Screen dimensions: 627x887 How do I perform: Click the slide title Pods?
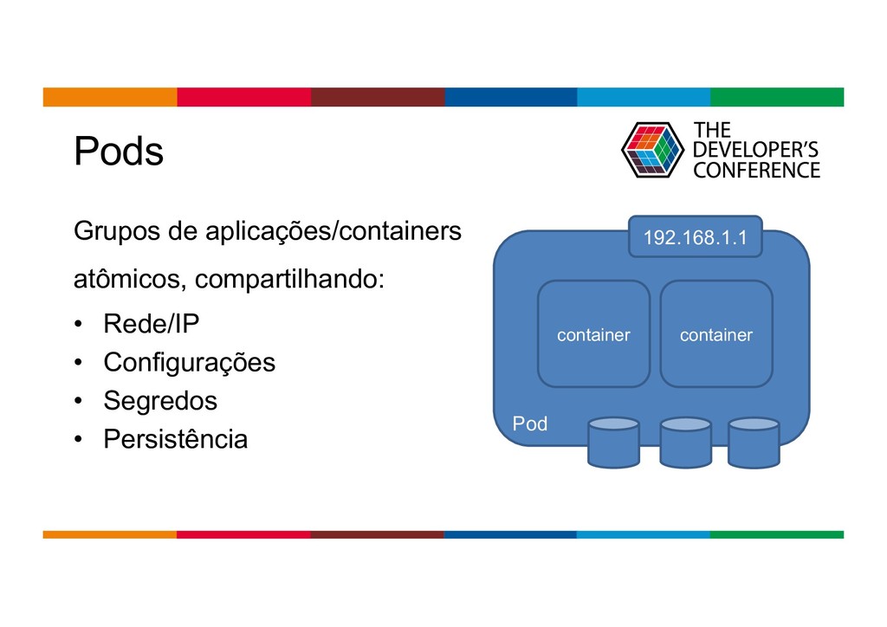118,152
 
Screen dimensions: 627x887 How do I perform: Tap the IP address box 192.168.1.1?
695,237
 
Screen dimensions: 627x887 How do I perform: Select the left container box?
593,334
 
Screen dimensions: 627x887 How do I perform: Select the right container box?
715,334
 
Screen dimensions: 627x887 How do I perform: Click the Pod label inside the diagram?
530,423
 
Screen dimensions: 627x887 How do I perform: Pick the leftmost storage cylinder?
613,443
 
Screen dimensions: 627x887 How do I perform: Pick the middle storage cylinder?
685,443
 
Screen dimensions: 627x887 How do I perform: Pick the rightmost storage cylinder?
754,443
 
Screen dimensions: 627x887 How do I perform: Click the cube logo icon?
652,150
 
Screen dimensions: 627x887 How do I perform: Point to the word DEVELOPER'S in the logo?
756,150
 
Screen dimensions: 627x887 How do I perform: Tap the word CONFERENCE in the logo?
756,170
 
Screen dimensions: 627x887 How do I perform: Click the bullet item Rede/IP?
151,325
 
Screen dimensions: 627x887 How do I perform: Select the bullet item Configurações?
189,362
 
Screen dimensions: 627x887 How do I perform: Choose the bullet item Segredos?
160,401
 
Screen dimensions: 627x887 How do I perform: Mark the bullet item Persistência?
175,439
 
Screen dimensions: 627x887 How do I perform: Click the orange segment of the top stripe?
110,97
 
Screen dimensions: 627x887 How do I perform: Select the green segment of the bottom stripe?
776,534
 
